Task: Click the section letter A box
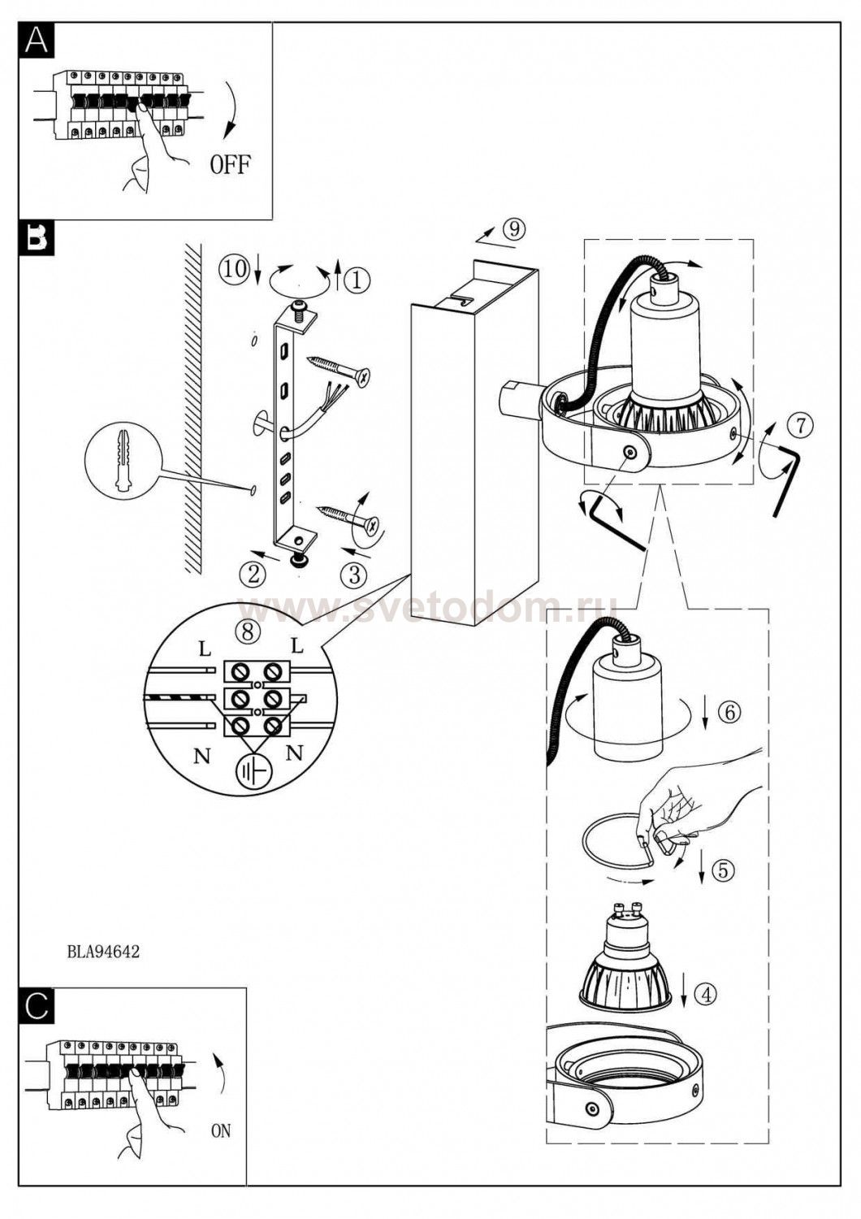coord(37,40)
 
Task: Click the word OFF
coord(231,164)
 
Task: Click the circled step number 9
coord(514,229)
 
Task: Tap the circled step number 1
coord(357,280)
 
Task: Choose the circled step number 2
coord(253,574)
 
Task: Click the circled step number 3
coord(354,575)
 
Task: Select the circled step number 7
coord(802,426)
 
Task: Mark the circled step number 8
coord(248,631)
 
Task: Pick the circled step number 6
coord(729,712)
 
